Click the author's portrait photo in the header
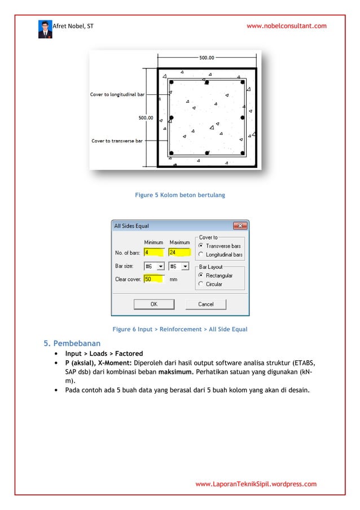click(x=45, y=29)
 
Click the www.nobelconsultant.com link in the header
click(x=287, y=26)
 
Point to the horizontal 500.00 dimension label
click(x=207, y=57)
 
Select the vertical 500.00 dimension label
click(x=146, y=118)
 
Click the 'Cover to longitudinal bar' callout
click(x=117, y=94)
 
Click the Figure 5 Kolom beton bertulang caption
click(x=180, y=195)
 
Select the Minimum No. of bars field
click(x=153, y=252)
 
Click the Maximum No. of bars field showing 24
click(x=179, y=252)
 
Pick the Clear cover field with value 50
click(x=153, y=278)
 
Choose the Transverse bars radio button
click(x=201, y=246)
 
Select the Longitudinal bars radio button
click(x=201, y=255)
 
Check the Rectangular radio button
click(x=201, y=275)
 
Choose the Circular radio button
click(x=201, y=284)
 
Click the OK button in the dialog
click(x=153, y=304)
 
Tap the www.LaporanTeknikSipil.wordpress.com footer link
click(x=256, y=484)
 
